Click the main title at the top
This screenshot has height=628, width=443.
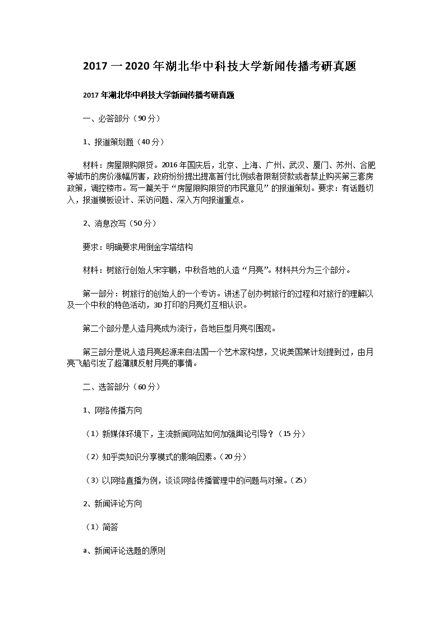coord(220,66)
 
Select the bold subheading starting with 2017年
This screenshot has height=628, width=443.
coord(158,95)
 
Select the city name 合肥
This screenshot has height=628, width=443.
coord(368,166)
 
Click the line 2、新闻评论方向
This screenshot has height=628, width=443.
coord(112,504)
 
